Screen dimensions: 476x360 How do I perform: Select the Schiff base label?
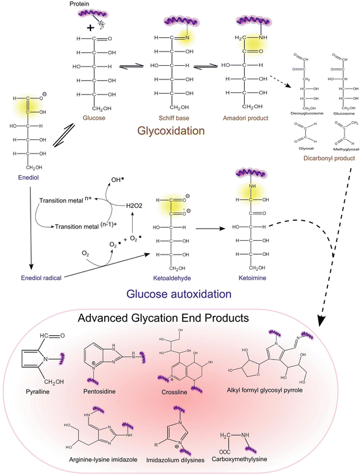click(169, 119)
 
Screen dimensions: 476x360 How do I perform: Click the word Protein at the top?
click(79, 5)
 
